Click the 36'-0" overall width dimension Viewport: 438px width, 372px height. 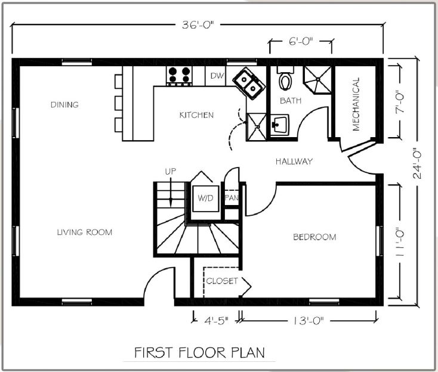(x=198, y=25)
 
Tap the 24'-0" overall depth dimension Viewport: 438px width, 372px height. (x=417, y=163)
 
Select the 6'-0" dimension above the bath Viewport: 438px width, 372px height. (x=301, y=42)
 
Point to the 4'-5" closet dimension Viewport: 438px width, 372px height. (x=217, y=321)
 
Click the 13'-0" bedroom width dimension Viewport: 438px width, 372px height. (x=309, y=321)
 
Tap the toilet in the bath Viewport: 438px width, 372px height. (x=285, y=78)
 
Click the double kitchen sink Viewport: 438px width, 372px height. (x=249, y=83)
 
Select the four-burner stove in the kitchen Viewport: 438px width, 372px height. (x=179, y=76)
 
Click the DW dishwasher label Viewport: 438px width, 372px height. (x=217, y=76)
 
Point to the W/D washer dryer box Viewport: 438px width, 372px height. (x=206, y=198)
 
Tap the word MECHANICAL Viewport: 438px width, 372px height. (x=356, y=104)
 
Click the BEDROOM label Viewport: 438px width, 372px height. (x=314, y=237)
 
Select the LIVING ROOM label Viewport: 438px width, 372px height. (x=85, y=232)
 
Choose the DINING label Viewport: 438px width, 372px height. (x=64, y=105)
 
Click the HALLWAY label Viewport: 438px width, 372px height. (x=294, y=162)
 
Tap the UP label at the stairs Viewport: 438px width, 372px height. (x=171, y=171)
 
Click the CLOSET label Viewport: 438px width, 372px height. (x=222, y=281)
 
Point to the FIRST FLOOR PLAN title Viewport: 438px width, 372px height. (x=199, y=353)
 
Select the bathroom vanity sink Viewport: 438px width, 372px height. (x=279, y=125)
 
